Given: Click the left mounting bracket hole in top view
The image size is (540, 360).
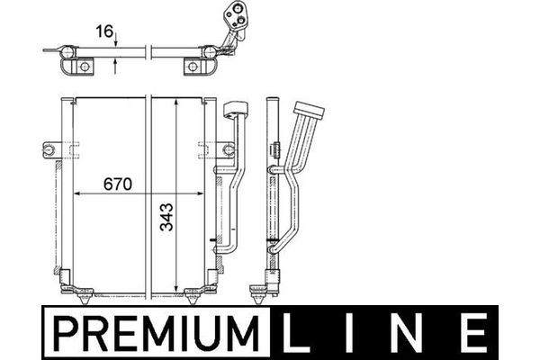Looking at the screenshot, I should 83,67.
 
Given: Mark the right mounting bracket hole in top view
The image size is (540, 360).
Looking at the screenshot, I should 192,67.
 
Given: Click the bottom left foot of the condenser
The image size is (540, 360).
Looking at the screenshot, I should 86,292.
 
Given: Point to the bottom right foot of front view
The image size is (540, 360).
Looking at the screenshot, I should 193,292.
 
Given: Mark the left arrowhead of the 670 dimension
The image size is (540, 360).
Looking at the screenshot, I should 77,193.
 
